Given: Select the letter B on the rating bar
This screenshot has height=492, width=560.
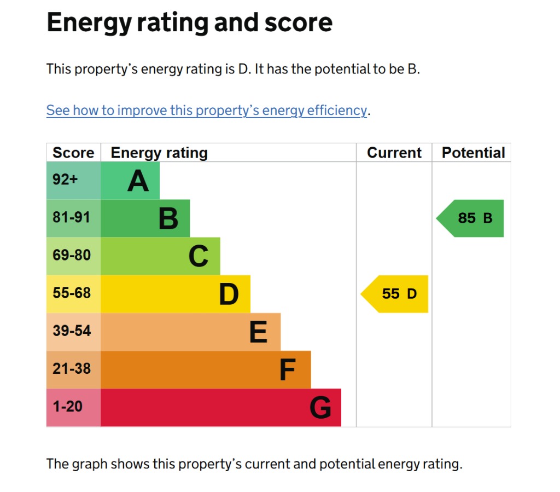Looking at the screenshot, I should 168,218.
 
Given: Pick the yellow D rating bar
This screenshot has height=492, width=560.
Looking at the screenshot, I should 175,294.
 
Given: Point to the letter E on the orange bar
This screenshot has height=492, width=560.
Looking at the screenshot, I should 258,332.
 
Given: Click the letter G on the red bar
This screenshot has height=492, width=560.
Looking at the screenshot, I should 320,408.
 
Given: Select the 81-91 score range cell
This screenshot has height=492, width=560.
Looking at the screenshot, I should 73,218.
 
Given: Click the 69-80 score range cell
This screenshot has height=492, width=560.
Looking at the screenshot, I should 73,256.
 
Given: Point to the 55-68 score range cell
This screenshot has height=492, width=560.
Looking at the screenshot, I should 73,294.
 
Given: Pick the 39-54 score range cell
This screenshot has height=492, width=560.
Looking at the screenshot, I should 73,332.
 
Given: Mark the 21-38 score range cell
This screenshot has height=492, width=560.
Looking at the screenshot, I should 73,369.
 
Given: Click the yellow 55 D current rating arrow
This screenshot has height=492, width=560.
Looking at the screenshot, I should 396,294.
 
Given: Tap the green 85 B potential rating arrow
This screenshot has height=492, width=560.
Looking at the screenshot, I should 472,218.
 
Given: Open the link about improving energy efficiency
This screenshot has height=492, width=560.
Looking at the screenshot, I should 207,111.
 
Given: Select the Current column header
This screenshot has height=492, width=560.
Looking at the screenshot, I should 394,153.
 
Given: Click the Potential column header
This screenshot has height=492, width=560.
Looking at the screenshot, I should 473,153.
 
